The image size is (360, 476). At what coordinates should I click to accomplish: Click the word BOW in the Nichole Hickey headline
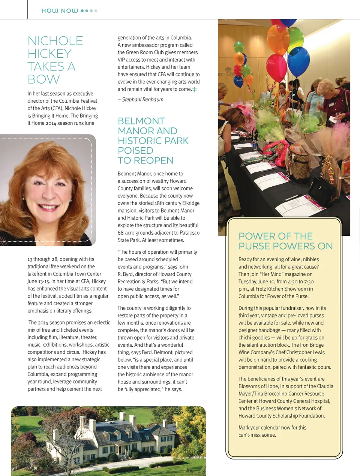coord(43,79)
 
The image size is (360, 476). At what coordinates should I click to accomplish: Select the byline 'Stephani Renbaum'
coord(142,100)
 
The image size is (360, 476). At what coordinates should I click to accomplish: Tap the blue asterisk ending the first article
coord(194,90)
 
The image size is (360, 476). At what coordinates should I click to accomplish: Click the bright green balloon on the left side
coord(238,47)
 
